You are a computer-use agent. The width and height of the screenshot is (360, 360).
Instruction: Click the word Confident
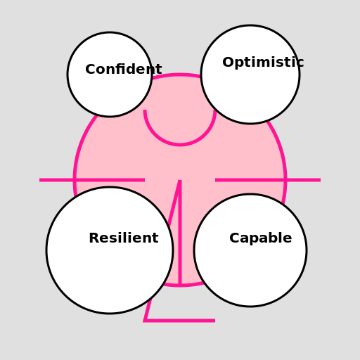124,69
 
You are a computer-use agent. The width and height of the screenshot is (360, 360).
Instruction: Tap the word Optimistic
263,63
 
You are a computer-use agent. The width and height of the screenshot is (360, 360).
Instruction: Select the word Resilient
124,238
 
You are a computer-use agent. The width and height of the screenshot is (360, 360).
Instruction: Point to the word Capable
261,238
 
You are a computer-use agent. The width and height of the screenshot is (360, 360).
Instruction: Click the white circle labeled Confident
110,75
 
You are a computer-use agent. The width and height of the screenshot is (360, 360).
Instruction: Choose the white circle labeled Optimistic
250,75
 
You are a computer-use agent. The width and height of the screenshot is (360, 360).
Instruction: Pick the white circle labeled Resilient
110,250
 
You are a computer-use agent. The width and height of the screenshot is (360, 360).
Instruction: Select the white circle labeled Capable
250,250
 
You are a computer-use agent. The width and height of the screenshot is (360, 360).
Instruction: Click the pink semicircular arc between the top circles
180,145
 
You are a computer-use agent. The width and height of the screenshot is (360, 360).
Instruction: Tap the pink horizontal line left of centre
92,180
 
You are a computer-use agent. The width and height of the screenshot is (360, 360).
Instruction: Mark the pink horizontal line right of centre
268,180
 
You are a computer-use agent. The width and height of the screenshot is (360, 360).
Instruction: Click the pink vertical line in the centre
180,233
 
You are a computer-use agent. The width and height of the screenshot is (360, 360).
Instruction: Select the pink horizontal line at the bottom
179,321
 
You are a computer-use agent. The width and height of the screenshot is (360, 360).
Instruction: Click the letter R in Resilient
95,238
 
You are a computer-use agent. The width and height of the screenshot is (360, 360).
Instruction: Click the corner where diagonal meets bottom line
146,321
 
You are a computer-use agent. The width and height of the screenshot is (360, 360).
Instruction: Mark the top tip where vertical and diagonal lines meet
180,180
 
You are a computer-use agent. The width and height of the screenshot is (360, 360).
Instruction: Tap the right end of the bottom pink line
215,321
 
